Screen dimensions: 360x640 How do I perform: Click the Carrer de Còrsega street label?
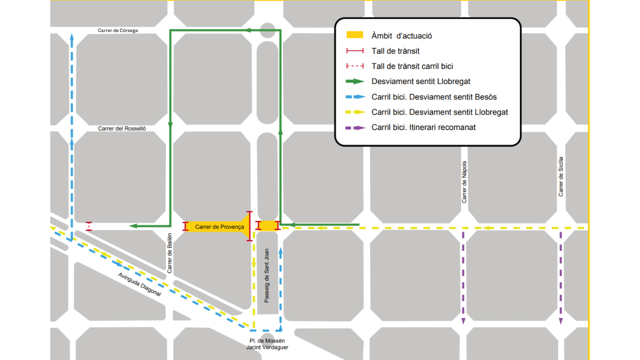tap(117, 30)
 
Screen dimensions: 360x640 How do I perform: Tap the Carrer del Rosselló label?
tap(122, 128)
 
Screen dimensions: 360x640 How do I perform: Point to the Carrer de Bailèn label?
tap(169, 253)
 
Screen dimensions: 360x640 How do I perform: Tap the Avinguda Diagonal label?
tap(139, 284)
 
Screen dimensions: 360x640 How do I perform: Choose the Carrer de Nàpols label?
tap(464, 182)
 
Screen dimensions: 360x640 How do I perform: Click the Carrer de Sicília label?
tap(561, 176)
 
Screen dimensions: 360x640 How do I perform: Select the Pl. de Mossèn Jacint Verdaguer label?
tap(267, 344)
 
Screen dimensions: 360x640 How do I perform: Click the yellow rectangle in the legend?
tap(354, 35)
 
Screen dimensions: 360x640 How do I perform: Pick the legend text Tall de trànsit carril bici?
tap(412, 66)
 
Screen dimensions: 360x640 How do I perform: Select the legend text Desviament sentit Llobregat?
tap(421, 81)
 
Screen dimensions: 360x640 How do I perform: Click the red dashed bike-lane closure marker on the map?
tap(89, 226)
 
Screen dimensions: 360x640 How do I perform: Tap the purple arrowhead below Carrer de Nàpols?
tap(463, 320)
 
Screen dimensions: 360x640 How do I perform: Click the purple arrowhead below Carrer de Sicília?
tap(561, 320)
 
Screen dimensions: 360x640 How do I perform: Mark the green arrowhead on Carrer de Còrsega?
tap(247, 30)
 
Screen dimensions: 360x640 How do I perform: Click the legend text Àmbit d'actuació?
tap(401, 35)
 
